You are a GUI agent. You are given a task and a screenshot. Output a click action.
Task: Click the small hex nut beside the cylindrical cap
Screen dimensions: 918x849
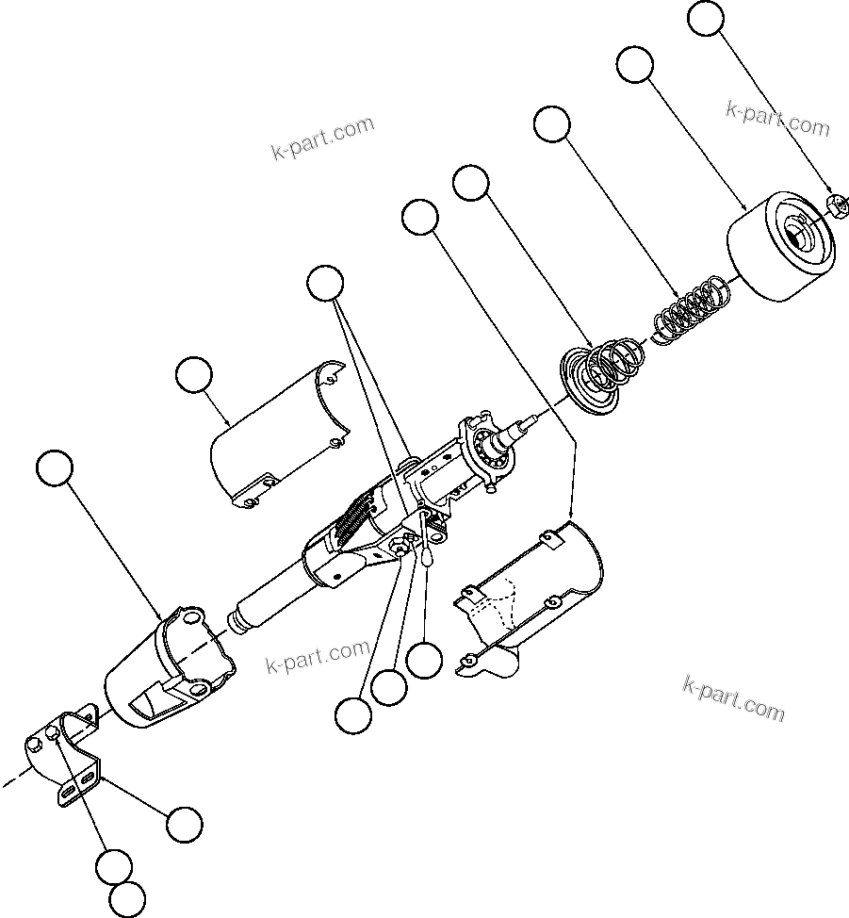(836, 204)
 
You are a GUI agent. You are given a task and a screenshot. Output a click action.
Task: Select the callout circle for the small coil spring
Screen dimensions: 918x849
(552, 124)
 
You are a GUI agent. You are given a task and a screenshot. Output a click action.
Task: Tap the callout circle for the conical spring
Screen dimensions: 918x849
(471, 182)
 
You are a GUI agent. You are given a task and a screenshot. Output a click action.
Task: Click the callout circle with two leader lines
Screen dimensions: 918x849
(326, 285)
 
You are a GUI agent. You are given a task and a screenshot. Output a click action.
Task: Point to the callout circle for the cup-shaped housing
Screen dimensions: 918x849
(54, 468)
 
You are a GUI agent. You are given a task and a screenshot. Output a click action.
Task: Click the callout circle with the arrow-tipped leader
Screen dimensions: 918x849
(420, 217)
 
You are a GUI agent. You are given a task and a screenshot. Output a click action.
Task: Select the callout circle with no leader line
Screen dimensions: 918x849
(127, 899)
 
